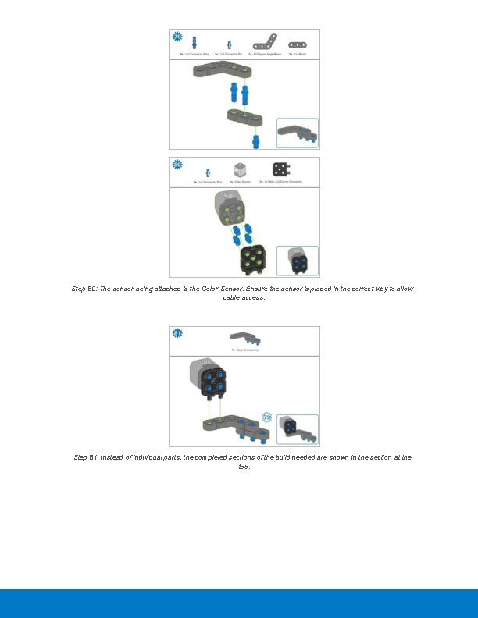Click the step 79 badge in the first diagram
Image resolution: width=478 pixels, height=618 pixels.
pos(177,37)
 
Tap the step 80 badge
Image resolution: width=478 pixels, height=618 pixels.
pos(177,165)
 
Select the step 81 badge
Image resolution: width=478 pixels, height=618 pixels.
pos(177,334)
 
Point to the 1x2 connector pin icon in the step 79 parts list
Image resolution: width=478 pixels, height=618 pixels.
pos(194,44)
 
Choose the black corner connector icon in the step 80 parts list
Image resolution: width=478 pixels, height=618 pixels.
pos(280,169)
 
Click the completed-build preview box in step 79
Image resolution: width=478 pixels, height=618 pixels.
pos(298,133)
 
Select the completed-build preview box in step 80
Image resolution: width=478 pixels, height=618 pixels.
pos(298,261)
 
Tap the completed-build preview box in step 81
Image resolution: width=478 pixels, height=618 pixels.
pos(298,430)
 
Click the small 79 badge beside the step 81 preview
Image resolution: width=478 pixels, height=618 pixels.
pos(267,417)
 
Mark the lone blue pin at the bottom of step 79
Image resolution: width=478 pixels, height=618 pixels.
pos(255,140)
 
